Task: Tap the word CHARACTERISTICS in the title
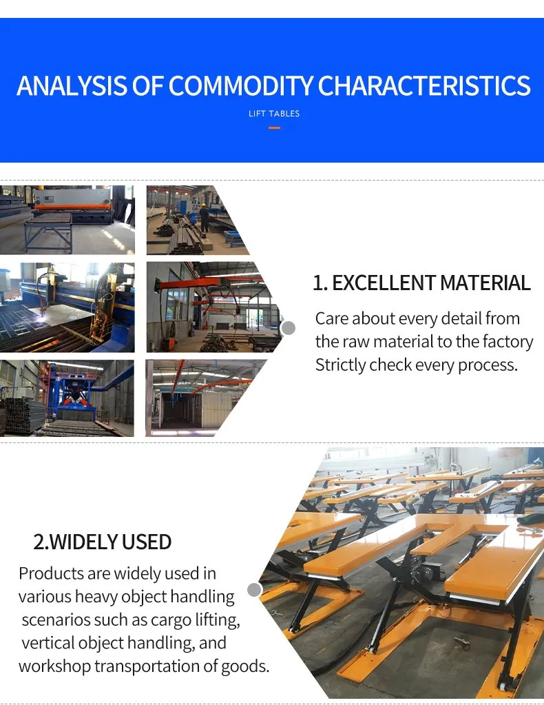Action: (x=424, y=86)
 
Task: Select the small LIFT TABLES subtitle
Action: (x=274, y=114)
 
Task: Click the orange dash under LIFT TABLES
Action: (x=274, y=127)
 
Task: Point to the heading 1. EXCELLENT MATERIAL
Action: (x=421, y=283)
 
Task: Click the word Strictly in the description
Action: (x=340, y=365)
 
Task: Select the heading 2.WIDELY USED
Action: (x=103, y=542)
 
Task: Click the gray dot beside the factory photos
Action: (x=289, y=328)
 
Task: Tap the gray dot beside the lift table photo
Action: (x=254, y=590)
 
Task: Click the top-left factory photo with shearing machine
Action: (x=67, y=220)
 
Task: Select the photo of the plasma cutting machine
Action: (x=67, y=307)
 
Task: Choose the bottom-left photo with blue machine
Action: (x=67, y=398)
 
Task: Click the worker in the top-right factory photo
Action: (x=204, y=215)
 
